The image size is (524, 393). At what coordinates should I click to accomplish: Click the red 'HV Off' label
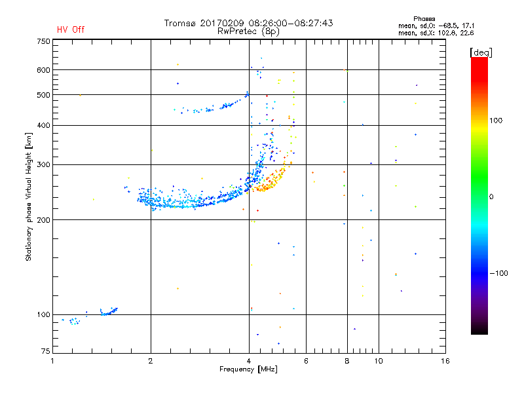click(x=71, y=29)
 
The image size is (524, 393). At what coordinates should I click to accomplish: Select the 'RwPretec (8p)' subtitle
click(x=249, y=31)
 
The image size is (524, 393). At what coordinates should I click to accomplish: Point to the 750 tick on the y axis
click(x=43, y=41)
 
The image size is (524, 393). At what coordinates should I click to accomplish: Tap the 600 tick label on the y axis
click(x=43, y=70)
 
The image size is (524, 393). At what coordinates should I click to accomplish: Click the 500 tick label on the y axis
click(x=43, y=95)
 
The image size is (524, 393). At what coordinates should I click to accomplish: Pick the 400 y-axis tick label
click(x=43, y=126)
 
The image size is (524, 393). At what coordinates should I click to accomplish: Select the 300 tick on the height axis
click(x=43, y=165)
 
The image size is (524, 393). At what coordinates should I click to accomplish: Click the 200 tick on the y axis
click(x=43, y=220)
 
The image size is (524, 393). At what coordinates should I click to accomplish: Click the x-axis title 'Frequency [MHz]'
click(x=250, y=370)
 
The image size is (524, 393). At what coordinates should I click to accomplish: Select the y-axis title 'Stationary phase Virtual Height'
click(x=29, y=196)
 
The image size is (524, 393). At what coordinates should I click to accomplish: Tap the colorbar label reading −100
click(x=499, y=273)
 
